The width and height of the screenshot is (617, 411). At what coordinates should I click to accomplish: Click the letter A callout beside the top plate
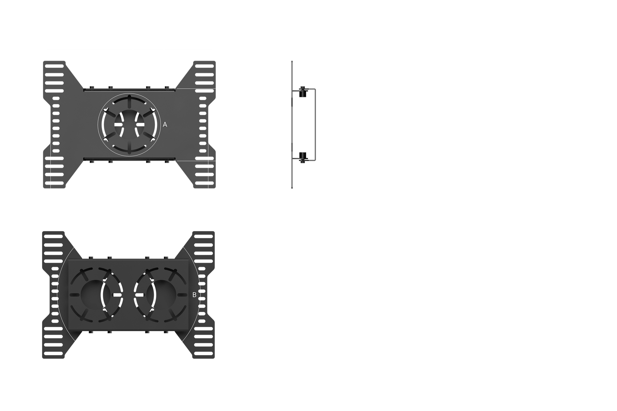click(165, 125)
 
